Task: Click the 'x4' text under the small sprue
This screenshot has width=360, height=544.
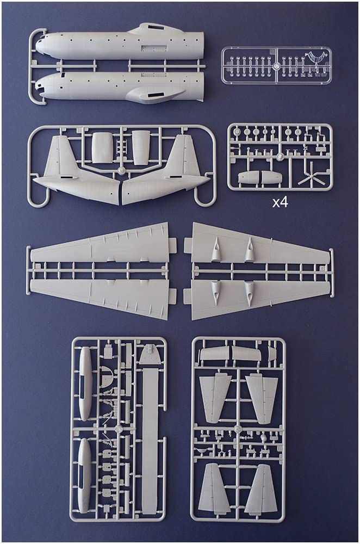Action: [x=280, y=203]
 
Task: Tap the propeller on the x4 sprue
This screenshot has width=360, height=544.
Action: [x=311, y=177]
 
